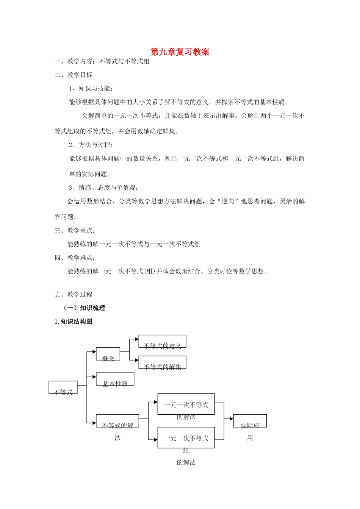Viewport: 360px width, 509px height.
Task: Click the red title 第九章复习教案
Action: coord(180,52)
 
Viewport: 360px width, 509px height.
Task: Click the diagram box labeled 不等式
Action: coord(63,387)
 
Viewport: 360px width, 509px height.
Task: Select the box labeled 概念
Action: coord(108,354)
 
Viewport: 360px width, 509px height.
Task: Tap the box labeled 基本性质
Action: coord(115,379)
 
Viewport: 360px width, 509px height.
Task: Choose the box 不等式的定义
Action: coord(162,341)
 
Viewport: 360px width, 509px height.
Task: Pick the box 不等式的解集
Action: coord(162,362)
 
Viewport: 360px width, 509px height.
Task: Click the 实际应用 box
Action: coord(250,421)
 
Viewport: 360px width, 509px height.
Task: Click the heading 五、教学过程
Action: coord(74,294)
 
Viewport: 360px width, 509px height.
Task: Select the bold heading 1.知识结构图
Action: coord(74,322)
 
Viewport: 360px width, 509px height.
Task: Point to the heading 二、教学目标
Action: coord(74,75)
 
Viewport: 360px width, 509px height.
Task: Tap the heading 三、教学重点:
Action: coord(75,230)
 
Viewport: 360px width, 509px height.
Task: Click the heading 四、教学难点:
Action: coord(75,258)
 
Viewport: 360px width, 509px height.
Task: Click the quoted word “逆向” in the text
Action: coord(228,201)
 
